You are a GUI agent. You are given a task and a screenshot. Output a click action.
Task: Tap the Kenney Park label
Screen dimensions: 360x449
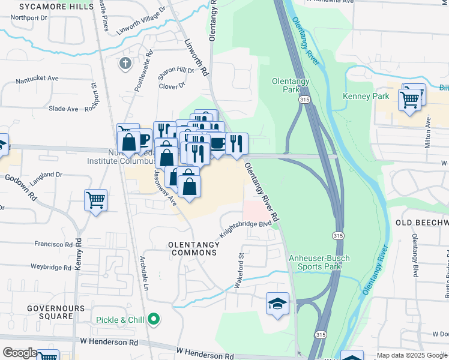tap(366, 96)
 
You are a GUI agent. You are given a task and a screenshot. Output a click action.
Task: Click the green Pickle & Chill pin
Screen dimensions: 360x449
tap(154, 319)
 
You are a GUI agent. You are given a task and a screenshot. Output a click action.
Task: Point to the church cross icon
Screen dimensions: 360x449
tap(125, 64)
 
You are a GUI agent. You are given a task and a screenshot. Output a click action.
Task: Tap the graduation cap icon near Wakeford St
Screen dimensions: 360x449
tap(278, 304)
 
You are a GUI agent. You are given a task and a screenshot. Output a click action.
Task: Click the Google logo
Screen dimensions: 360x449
tap(19, 353)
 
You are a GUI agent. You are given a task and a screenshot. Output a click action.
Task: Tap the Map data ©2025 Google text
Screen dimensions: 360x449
tap(411, 355)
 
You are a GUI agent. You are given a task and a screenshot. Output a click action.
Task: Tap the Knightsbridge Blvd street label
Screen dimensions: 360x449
tap(246, 227)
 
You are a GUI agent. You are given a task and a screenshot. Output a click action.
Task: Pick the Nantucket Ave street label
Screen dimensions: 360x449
tap(37, 78)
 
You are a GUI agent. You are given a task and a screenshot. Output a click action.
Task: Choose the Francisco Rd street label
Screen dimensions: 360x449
tap(53, 244)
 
